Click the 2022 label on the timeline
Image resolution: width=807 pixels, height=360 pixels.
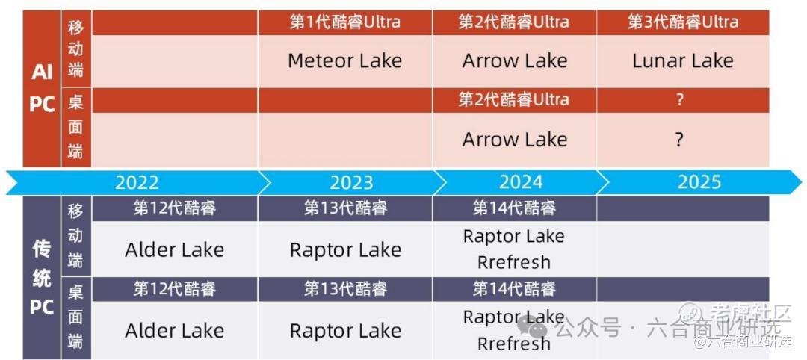tap(137, 182)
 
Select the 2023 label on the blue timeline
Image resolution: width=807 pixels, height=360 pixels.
tap(351, 182)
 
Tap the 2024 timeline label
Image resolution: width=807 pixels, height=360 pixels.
tap(521, 182)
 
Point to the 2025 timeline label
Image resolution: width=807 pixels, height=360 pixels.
tap(699, 182)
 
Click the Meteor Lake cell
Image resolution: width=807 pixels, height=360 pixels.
tap(344, 60)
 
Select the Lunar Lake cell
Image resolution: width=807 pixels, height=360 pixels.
tap(683, 60)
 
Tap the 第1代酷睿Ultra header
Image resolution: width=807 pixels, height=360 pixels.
tap(344, 22)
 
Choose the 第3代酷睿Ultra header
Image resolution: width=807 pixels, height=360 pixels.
tap(683, 22)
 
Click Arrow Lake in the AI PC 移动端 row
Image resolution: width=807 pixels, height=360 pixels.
tap(515, 60)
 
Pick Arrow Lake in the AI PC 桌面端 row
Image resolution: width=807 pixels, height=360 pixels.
tap(515, 140)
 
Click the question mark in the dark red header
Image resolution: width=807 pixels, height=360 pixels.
tap(680, 100)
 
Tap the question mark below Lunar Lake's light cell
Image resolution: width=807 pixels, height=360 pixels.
tap(680, 140)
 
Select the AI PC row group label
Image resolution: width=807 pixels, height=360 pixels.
tap(42, 88)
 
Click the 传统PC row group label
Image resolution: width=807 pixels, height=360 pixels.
tap(42, 278)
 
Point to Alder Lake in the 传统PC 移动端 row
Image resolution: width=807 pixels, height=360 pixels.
tap(174, 250)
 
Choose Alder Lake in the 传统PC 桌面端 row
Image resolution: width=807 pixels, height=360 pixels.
tap(174, 331)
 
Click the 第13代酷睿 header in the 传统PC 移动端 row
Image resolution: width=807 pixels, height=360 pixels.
tap(345, 208)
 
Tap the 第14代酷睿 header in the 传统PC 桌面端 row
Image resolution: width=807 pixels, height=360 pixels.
tap(515, 289)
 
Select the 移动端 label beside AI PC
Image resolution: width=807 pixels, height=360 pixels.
tap(75, 49)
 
